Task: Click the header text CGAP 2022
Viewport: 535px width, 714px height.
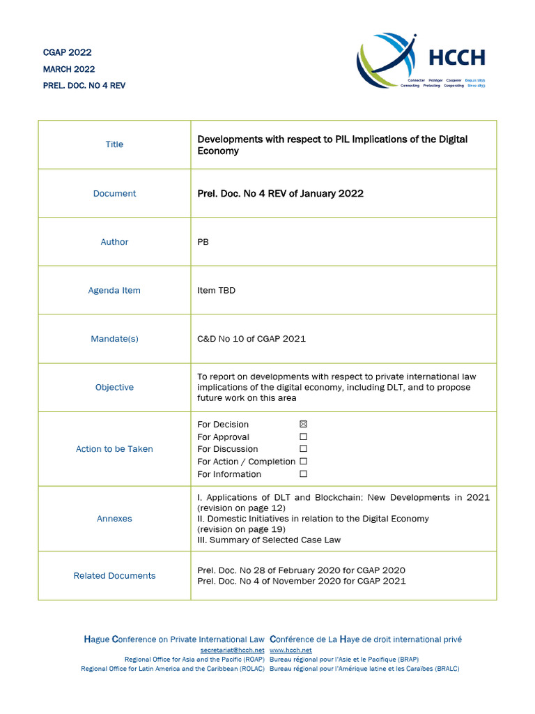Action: coord(68,52)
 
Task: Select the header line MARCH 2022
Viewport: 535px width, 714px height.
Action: coord(69,69)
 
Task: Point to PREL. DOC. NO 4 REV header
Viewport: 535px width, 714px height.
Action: coord(84,86)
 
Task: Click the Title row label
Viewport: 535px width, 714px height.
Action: coord(114,144)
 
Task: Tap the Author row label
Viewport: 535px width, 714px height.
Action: coord(114,242)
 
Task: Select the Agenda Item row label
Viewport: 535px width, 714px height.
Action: coord(114,291)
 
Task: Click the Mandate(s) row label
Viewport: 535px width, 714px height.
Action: coord(114,339)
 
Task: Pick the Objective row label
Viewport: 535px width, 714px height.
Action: coord(114,388)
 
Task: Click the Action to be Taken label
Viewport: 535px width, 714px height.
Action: coord(114,449)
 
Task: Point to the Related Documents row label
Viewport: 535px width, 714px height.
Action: coord(114,576)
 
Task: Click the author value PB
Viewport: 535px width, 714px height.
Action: coord(203,242)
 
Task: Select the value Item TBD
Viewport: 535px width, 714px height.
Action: coord(217,291)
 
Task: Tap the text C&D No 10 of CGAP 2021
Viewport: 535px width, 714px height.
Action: coord(251,339)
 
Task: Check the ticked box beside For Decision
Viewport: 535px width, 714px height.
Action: coord(303,424)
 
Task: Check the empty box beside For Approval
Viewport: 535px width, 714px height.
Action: coord(303,436)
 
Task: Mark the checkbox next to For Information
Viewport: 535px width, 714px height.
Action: coord(303,474)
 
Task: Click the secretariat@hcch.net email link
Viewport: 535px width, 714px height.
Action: coord(227,650)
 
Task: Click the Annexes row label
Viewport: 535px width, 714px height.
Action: coord(114,519)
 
